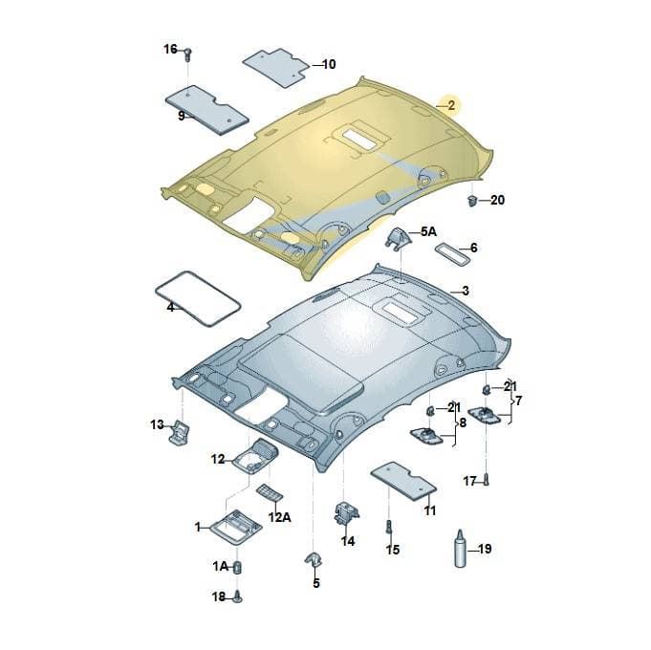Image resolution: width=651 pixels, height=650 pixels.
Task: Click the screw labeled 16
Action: point(187,54)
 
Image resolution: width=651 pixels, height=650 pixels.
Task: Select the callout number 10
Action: point(329,64)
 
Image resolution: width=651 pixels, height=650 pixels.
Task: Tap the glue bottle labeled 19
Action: point(461,549)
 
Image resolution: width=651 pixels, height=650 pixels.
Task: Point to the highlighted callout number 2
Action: point(451,105)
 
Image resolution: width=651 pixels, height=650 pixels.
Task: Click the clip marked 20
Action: point(472,201)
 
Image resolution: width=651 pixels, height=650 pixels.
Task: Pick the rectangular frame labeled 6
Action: point(452,253)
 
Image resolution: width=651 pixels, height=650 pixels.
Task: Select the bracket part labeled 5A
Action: point(398,239)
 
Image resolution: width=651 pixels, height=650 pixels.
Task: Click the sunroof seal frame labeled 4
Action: point(198,297)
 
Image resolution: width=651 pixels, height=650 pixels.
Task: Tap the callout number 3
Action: point(465,291)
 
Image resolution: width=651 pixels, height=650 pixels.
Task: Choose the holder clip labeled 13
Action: point(180,431)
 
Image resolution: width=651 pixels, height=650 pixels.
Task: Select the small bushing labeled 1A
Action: point(238,567)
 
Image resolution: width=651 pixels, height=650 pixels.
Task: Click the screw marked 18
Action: point(237,596)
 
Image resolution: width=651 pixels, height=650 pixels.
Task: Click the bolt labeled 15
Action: point(389,527)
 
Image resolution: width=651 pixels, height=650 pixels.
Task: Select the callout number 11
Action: point(430,510)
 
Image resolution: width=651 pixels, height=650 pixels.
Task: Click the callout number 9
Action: point(182,116)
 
